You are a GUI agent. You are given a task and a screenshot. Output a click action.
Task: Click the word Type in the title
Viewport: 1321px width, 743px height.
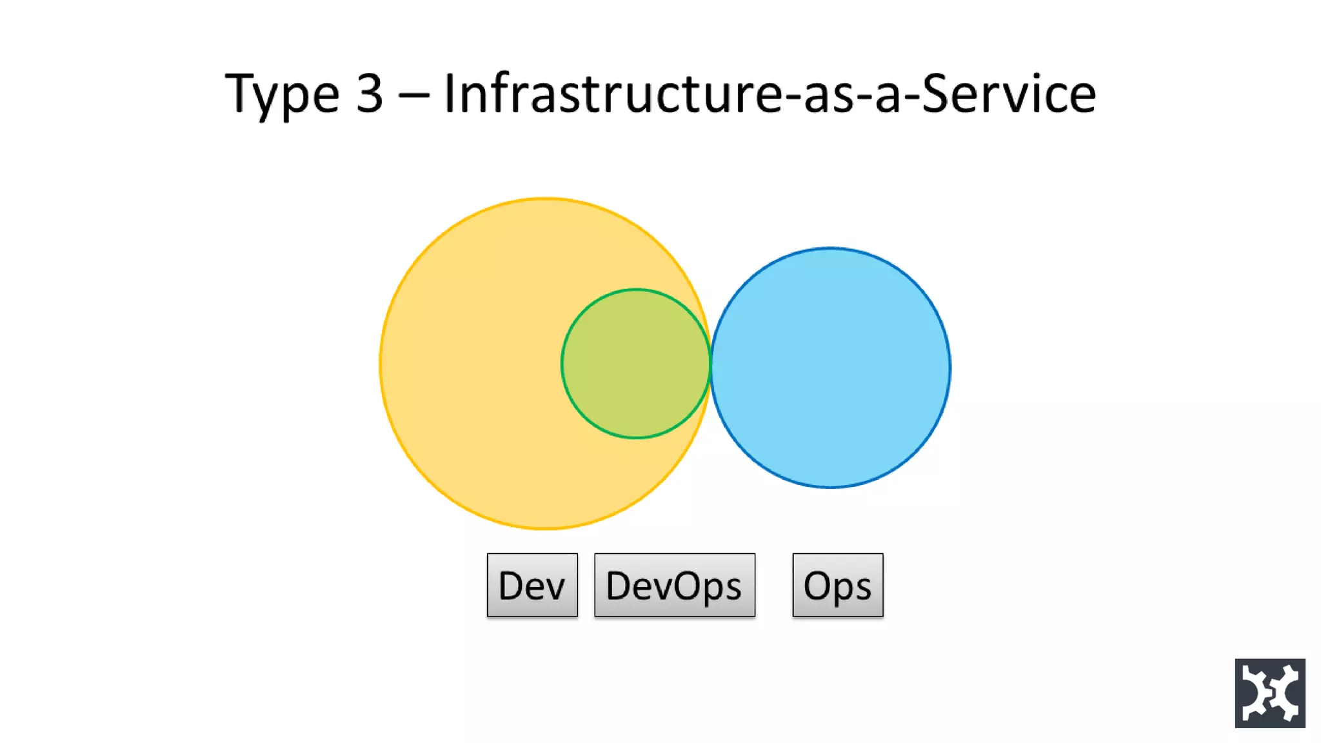pyautogui.click(x=282, y=95)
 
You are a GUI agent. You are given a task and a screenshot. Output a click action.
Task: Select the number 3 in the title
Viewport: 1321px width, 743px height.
pyautogui.click(x=370, y=94)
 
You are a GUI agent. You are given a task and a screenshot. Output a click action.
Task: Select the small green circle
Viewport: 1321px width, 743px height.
pyautogui.click(x=636, y=364)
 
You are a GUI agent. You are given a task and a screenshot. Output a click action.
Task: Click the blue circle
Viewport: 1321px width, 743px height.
pyautogui.click(x=831, y=368)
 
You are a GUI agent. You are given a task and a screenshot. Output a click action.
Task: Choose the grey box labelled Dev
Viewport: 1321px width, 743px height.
pyautogui.click(x=532, y=585)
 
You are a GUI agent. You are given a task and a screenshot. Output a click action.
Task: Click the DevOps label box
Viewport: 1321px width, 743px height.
pyautogui.click(x=674, y=585)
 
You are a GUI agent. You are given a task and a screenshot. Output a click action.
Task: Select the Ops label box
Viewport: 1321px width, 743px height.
pyautogui.click(x=837, y=585)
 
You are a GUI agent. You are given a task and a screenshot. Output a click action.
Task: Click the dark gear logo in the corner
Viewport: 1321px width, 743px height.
pyautogui.click(x=1269, y=693)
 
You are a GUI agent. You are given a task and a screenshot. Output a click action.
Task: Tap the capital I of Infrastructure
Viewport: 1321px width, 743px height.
pyautogui.click(x=450, y=94)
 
